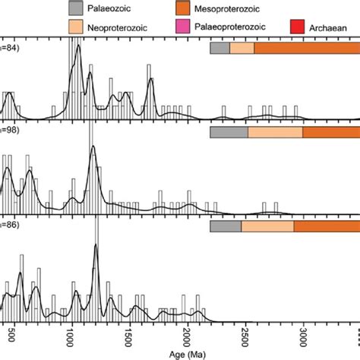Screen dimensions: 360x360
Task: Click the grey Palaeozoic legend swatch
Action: click(77, 9)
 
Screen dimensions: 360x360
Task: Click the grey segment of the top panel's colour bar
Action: click(219, 48)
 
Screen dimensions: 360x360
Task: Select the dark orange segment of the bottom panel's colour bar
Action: click(327, 226)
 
